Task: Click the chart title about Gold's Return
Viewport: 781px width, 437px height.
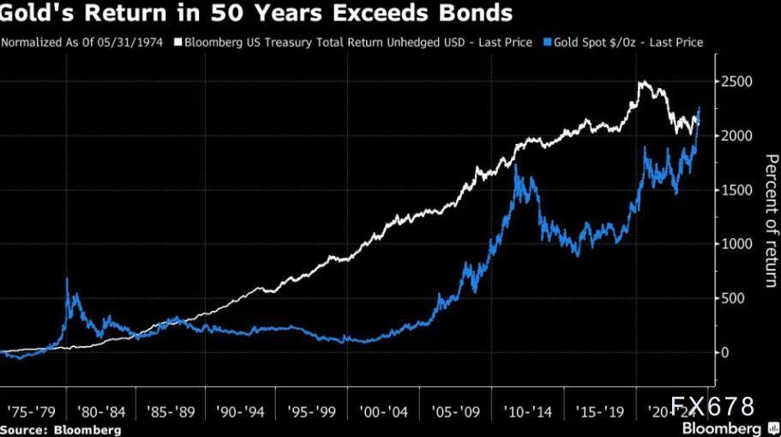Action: point(257,14)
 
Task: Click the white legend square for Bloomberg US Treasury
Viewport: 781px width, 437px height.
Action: point(178,42)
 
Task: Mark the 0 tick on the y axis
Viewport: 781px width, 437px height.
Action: point(727,352)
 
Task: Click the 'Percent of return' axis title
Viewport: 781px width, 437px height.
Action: point(770,218)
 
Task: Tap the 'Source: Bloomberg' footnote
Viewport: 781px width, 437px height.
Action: point(60,429)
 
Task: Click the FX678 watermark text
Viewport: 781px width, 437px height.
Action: point(713,406)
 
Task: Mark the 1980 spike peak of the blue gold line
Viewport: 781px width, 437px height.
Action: point(67,279)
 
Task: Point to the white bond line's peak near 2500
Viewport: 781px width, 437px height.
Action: point(641,82)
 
